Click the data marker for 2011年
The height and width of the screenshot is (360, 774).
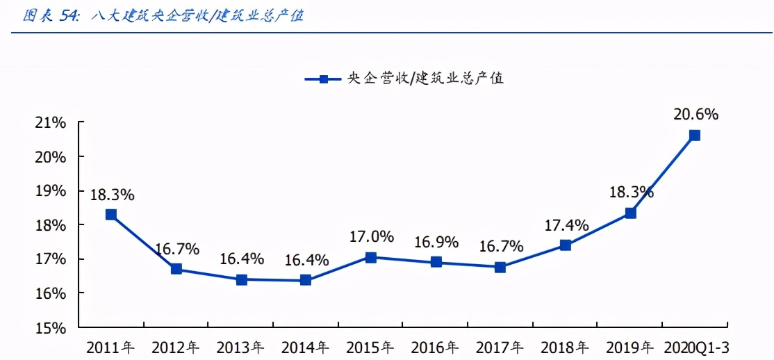111,215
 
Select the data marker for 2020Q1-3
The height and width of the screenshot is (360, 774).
694,136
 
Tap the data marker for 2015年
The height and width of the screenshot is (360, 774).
371,257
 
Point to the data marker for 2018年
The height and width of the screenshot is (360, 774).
565,245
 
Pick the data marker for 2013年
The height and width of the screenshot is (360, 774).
241,279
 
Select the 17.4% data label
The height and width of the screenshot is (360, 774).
566,225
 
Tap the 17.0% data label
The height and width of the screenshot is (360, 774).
372,237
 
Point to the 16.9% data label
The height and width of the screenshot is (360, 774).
436,242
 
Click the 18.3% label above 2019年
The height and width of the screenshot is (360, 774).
631,193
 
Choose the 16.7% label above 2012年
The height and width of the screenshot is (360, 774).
176,248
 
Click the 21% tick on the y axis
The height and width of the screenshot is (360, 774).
49,123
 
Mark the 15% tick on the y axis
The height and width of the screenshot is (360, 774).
49,327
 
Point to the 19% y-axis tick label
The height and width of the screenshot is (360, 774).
49,191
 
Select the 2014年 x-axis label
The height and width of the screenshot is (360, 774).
305,347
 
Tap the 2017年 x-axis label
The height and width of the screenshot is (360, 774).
500,347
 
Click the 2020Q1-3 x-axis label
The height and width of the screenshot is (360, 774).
697,347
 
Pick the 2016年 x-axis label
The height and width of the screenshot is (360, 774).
435,347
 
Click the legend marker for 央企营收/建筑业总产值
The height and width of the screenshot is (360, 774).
324,79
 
